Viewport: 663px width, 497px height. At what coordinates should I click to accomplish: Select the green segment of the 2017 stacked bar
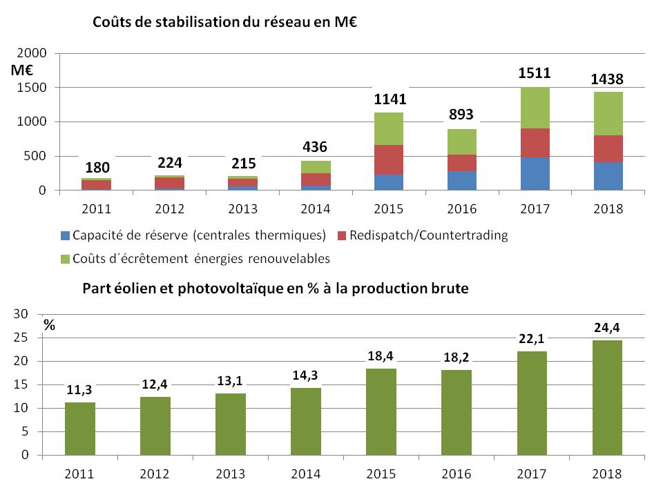click(x=535, y=108)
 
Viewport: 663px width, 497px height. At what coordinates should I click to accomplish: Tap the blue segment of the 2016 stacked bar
click(x=462, y=180)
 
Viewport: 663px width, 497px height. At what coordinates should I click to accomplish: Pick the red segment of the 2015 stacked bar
click(x=390, y=159)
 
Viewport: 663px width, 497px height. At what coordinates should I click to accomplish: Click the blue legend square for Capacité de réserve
click(x=66, y=235)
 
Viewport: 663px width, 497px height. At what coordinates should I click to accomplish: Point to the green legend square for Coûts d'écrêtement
click(x=66, y=259)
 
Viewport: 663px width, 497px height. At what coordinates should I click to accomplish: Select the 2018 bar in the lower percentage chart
click(x=607, y=398)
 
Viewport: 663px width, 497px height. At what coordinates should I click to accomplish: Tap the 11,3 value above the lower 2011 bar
click(x=80, y=390)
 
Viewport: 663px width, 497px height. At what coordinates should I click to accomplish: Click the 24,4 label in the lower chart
click(x=607, y=327)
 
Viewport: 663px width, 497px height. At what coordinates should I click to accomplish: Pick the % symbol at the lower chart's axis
click(x=50, y=324)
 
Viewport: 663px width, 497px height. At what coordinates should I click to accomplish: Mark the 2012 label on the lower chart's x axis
click(x=155, y=474)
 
